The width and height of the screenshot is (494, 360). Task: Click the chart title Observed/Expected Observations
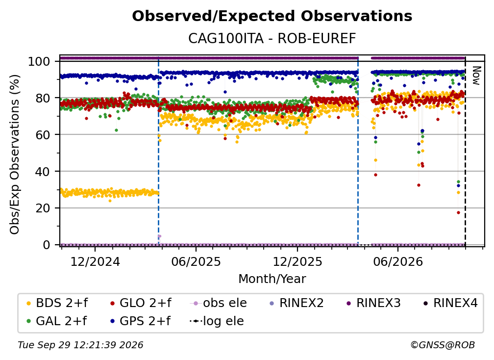click(x=272, y=16)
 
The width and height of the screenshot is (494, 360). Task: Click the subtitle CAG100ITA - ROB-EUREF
click(x=272, y=39)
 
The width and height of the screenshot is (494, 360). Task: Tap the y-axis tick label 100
click(x=39, y=61)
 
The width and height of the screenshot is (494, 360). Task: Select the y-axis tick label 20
click(x=43, y=208)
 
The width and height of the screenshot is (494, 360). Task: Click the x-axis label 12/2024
click(x=95, y=261)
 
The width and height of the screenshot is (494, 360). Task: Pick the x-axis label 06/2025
click(x=196, y=261)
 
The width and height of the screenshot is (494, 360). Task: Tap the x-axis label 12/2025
click(x=297, y=261)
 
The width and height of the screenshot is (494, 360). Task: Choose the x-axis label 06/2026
click(x=398, y=261)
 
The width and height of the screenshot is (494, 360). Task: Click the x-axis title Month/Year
click(x=272, y=279)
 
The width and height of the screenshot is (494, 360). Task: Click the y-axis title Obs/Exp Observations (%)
click(x=15, y=154)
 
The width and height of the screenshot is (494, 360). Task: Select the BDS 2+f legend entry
click(x=57, y=303)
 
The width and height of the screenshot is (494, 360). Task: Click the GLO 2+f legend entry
click(x=141, y=303)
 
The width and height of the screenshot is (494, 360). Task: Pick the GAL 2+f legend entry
click(x=57, y=321)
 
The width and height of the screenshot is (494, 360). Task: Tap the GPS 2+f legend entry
click(x=141, y=321)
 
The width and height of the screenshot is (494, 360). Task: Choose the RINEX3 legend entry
click(x=373, y=303)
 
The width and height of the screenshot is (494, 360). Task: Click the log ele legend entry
click(x=217, y=321)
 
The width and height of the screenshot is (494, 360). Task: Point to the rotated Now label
click(x=476, y=76)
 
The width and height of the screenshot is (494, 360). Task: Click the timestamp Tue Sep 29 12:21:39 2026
click(x=80, y=345)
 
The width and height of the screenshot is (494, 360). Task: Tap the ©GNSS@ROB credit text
click(x=443, y=345)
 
